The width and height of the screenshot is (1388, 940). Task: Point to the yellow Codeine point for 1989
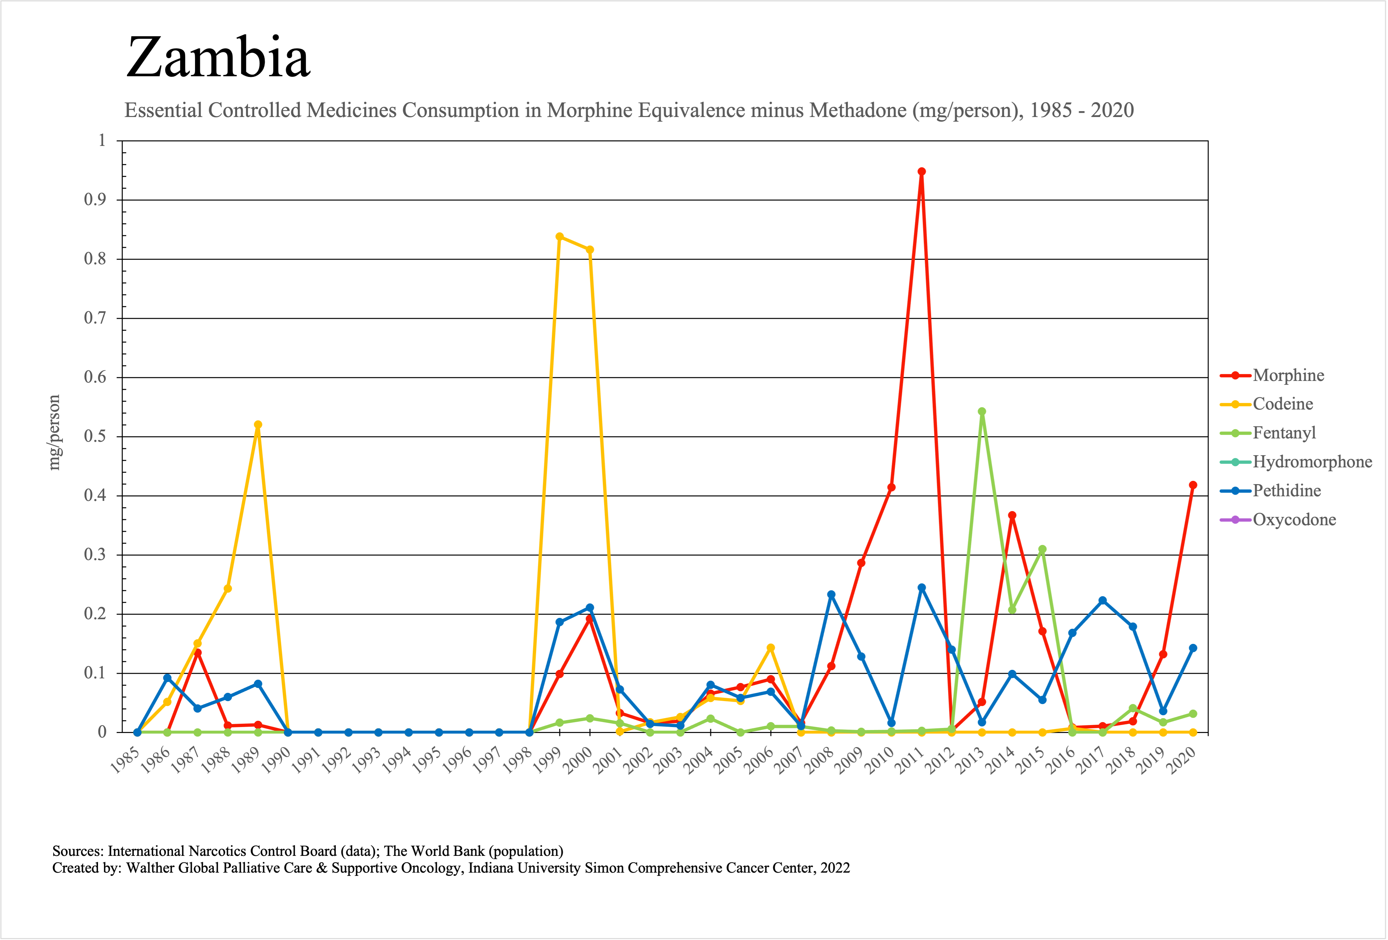[258, 425]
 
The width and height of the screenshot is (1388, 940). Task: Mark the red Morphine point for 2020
[1193, 485]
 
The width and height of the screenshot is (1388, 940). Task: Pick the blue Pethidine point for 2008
[831, 595]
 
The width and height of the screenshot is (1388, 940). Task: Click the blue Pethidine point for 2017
[1103, 600]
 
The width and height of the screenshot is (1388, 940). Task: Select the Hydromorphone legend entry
[1312, 462]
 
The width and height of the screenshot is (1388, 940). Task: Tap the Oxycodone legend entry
[1294, 520]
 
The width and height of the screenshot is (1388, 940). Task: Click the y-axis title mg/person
[54, 433]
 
